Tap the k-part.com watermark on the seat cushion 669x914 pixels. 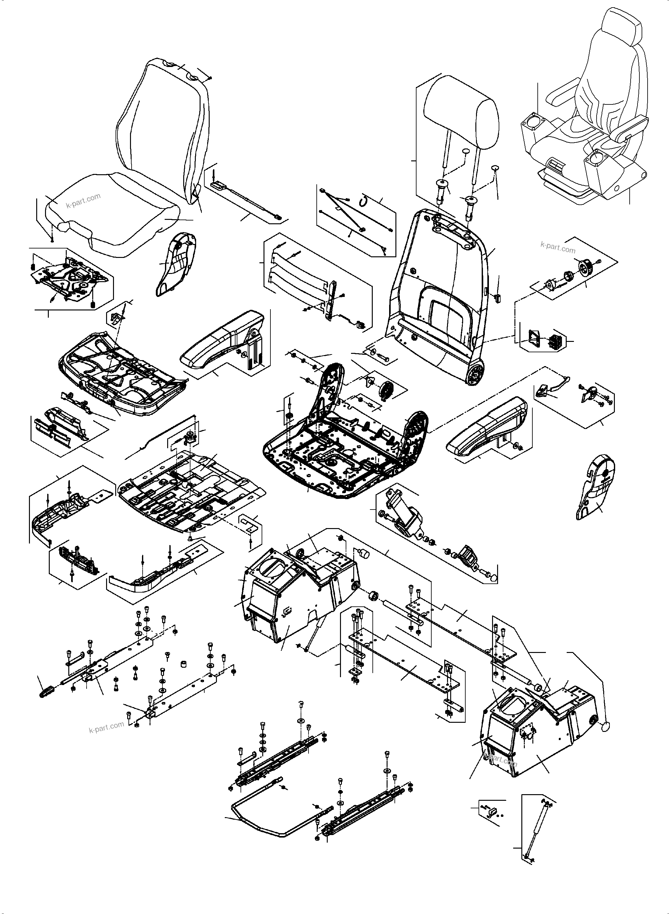coord(83,200)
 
